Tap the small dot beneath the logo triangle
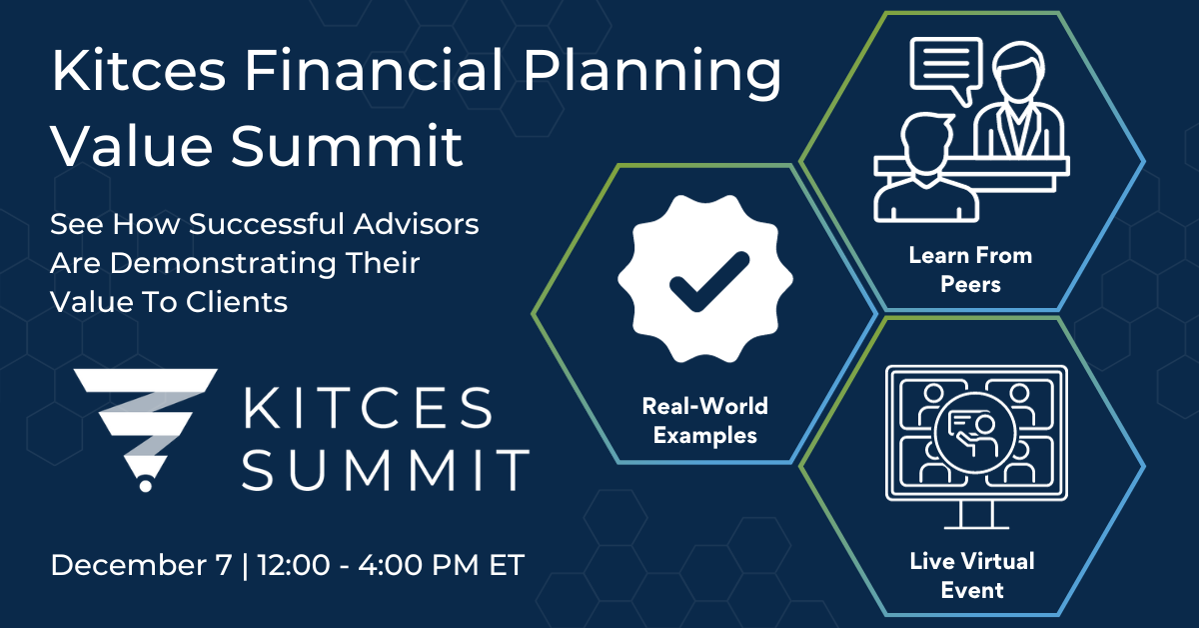(x=145, y=485)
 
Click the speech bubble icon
(x=944, y=66)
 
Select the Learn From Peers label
(x=969, y=269)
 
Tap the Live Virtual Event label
(x=971, y=575)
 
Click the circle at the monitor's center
(x=971, y=427)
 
